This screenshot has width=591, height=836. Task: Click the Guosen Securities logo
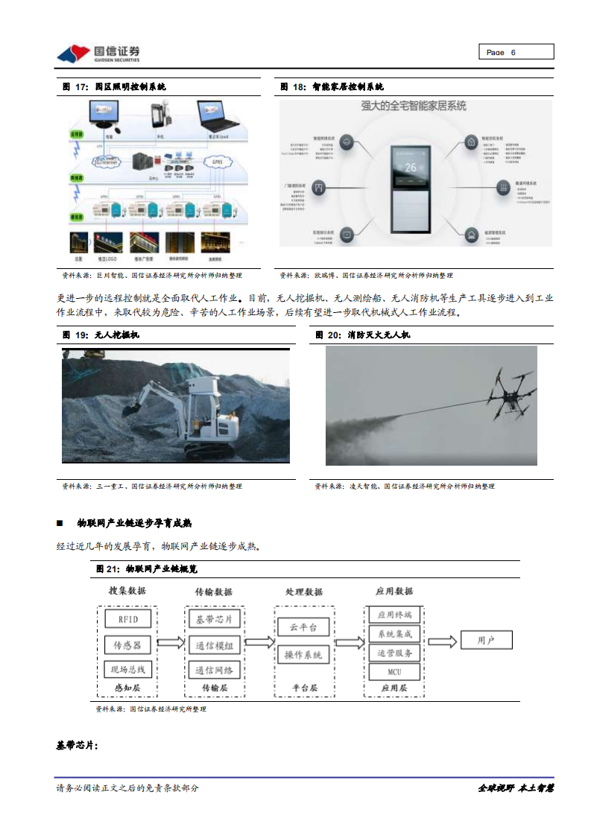(x=98, y=54)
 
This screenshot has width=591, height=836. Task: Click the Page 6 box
(x=515, y=52)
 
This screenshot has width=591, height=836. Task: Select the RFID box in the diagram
(x=127, y=618)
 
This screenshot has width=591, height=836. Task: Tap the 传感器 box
(x=127, y=644)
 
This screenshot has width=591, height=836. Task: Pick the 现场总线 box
(x=127, y=668)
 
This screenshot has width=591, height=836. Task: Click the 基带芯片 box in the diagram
(x=214, y=619)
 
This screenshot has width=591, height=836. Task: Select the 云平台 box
(x=303, y=627)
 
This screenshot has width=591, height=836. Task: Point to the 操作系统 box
(x=303, y=655)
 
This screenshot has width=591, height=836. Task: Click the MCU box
(x=394, y=672)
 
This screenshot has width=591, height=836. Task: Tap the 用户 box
(x=485, y=640)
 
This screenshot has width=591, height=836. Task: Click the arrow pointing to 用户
(x=443, y=641)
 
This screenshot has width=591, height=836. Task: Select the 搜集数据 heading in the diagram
(x=127, y=591)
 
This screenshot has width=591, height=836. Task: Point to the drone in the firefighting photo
(x=511, y=393)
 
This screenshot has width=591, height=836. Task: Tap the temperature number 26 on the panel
(x=411, y=168)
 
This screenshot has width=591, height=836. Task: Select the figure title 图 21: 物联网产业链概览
(x=146, y=569)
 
